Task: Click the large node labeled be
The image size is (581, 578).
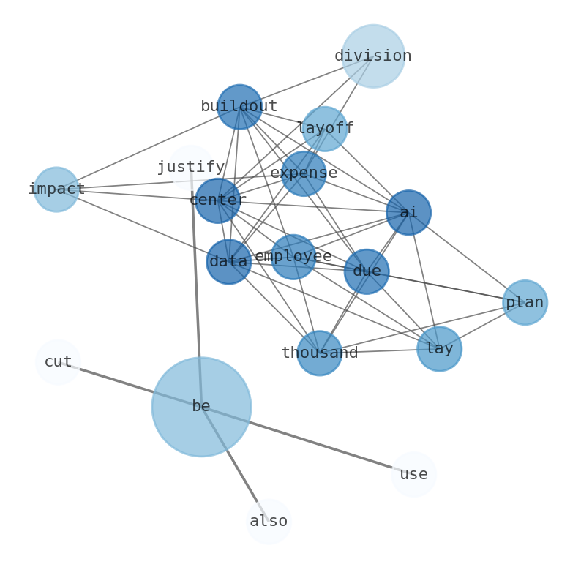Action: point(201,407)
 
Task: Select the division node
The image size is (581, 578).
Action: point(373,56)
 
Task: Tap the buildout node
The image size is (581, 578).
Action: point(239,107)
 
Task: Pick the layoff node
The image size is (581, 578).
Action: point(325,129)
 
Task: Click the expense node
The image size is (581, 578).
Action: point(304,173)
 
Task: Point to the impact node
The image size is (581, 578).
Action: point(56,189)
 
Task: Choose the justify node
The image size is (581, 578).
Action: point(191,168)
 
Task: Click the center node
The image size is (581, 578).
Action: point(217,200)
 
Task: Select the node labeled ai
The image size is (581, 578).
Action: point(408,213)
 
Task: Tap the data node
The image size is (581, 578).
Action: point(228,262)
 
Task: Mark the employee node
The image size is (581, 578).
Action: point(293,257)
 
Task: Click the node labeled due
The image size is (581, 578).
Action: point(367,271)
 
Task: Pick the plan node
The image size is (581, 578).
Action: point(525,302)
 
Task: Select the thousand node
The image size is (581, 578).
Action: point(319,353)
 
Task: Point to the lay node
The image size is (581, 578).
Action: point(439,349)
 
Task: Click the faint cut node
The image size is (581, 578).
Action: point(58,362)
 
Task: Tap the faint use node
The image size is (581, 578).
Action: point(413,474)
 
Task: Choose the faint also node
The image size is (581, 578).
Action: point(269,522)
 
